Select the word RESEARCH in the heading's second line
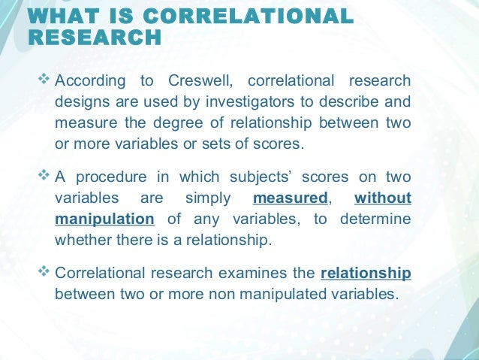click(x=95, y=38)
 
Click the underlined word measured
click(x=291, y=198)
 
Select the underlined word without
click(x=382, y=198)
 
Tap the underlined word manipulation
click(x=104, y=219)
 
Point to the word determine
click(x=375, y=219)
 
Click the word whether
click(x=83, y=240)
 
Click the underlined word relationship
click(x=366, y=272)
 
